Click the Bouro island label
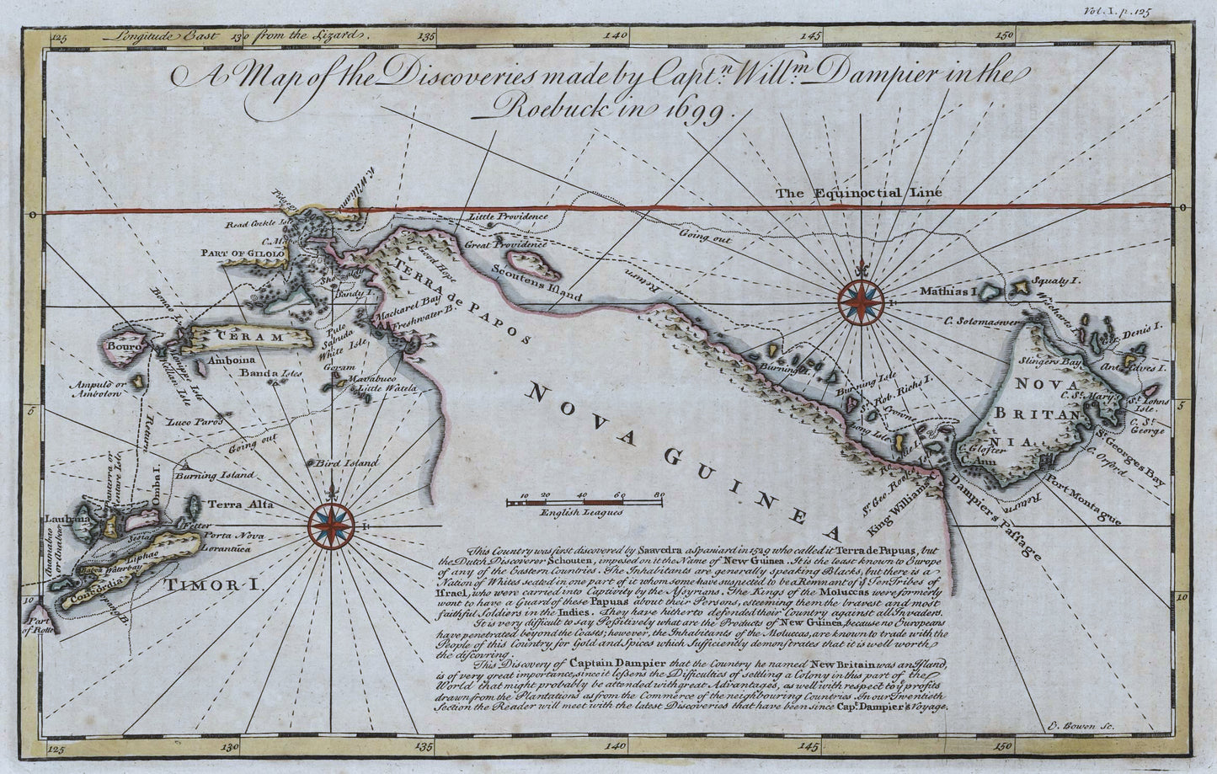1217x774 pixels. click(x=119, y=344)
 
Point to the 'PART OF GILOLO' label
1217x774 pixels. click(x=238, y=252)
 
